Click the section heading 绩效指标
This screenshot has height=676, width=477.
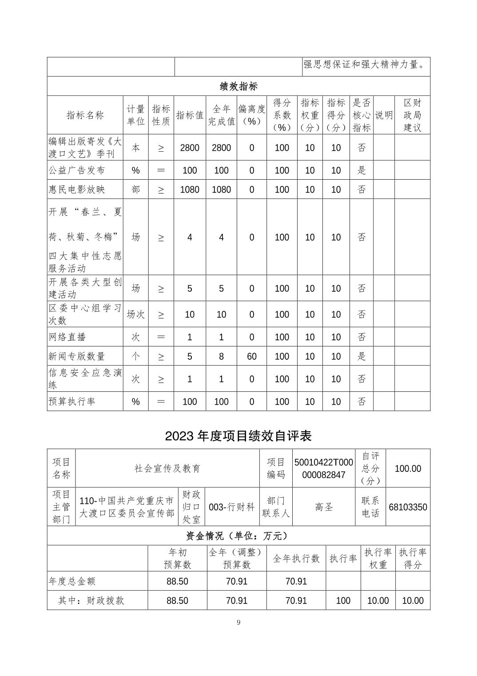[x=238, y=86]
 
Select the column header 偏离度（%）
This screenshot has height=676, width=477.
[x=251, y=115]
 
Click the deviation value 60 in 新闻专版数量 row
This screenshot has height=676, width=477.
[x=251, y=356]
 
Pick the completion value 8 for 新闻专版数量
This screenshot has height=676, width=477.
[x=221, y=356]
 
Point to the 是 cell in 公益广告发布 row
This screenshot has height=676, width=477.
[x=362, y=170]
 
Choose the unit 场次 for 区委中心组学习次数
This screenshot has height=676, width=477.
[x=135, y=314]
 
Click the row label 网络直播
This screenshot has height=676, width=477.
[x=67, y=337]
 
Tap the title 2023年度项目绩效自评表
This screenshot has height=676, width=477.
[x=238, y=436]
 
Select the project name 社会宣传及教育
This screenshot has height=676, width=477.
[x=167, y=468]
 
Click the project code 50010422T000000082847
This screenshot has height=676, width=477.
[x=323, y=468]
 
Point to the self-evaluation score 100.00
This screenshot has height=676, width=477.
[x=408, y=468]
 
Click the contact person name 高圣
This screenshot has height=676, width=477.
[x=324, y=507]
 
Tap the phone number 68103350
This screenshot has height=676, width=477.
[x=408, y=507]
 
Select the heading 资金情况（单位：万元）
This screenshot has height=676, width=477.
[x=238, y=536]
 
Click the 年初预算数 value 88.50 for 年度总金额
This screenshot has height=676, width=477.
[x=177, y=581]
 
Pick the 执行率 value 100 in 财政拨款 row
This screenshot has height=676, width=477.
[x=343, y=600]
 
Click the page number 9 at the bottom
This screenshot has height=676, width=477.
[x=238, y=622]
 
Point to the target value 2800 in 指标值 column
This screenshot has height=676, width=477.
[x=190, y=148]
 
